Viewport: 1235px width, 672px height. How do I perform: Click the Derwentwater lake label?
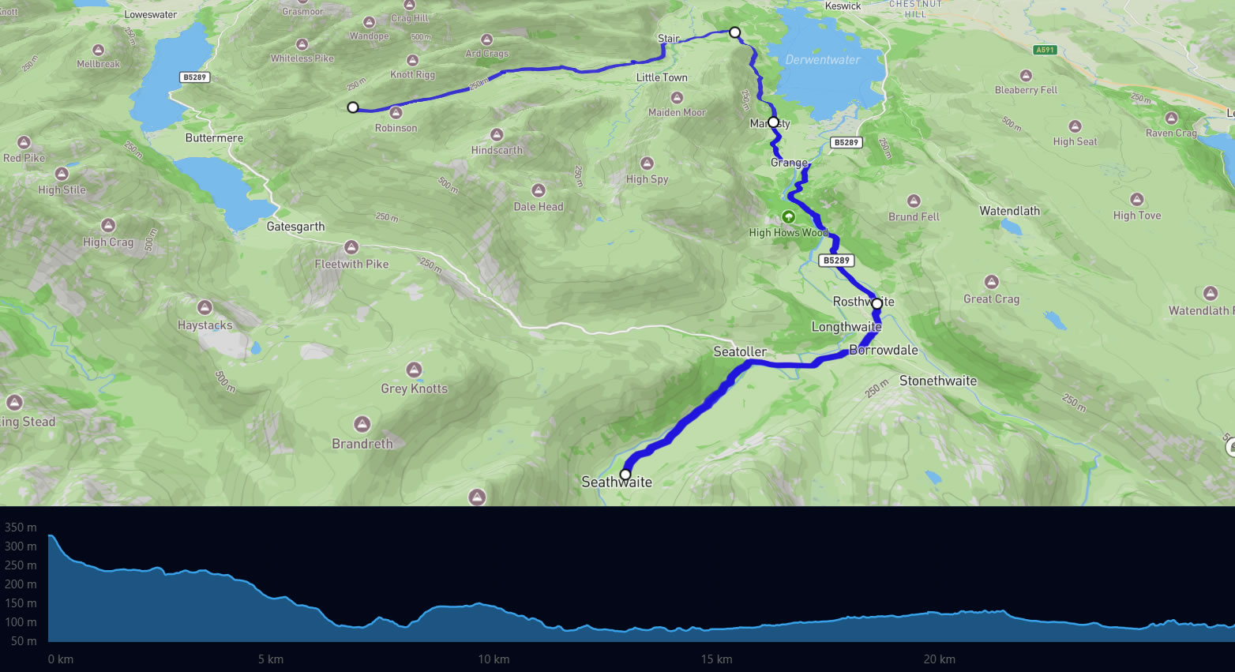[x=822, y=60]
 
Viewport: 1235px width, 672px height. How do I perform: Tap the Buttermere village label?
[x=214, y=138]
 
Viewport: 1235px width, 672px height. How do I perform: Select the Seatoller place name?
[x=740, y=351]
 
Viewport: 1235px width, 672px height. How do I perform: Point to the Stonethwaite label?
[x=937, y=381]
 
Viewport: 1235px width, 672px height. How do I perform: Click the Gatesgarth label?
[x=295, y=227]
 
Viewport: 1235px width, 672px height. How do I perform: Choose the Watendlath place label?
[x=1009, y=211]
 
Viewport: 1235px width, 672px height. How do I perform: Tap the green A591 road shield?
[x=1045, y=50]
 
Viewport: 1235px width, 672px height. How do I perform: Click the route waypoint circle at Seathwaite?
[x=625, y=475]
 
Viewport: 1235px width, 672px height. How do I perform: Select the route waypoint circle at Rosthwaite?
[x=877, y=303]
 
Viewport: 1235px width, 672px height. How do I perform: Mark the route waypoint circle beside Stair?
[x=734, y=32]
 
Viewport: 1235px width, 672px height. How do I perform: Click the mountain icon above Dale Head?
[x=539, y=190]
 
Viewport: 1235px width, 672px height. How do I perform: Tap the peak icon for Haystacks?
[x=205, y=307]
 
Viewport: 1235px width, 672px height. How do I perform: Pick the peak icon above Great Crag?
[x=991, y=282]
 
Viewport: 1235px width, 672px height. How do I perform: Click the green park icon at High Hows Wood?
[x=788, y=216]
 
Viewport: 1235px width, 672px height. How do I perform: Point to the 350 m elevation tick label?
[x=21, y=527]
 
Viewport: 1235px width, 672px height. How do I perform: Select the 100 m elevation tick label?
[x=21, y=622]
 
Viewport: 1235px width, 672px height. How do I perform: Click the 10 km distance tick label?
[x=494, y=659]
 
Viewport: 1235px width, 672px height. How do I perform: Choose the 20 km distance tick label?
[x=940, y=659]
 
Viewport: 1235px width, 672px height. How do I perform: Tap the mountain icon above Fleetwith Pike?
[x=351, y=247]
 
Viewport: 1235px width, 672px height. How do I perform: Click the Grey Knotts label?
[x=414, y=389]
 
